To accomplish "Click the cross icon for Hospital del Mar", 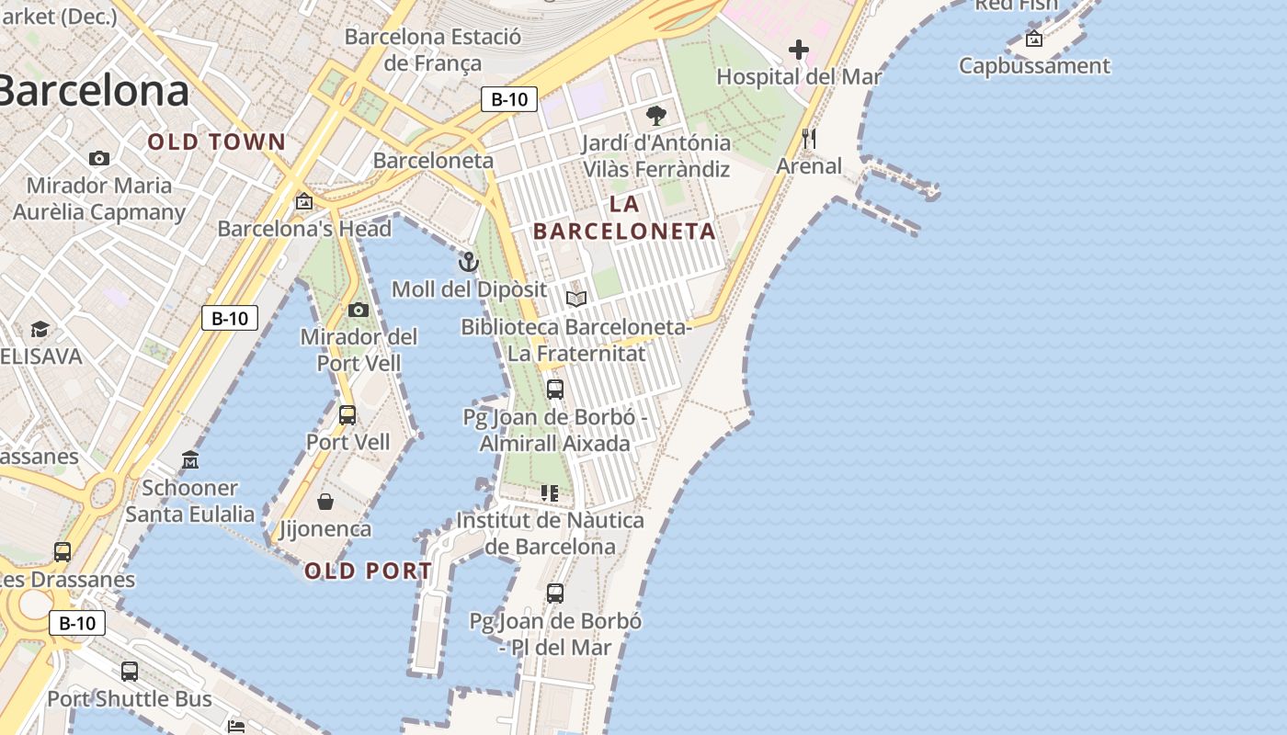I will pyautogui.click(x=799, y=50).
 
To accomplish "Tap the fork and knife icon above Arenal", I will pyautogui.click(x=809, y=139).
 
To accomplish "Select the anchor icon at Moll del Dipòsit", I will pyautogui.click(x=469, y=263).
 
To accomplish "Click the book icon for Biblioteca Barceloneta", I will pyautogui.click(x=576, y=300).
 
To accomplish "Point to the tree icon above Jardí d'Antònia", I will pyautogui.click(x=656, y=116).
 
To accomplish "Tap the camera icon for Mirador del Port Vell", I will pyautogui.click(x=359, y=311).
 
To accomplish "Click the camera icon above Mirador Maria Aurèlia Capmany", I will pyautogui.click(x=99, y=159).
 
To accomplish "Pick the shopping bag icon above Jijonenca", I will pyautogui.click(x=325, y=502).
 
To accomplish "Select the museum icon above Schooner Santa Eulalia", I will pyautogui.click(x=190, y=459).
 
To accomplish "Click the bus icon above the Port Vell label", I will pyautogui.click(x=347, y=415).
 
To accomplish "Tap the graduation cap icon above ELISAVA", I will pyautogui.click(x=40, y=329).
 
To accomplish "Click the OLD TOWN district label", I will pyautogui.click(x=217, y=141).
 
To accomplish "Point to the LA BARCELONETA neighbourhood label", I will pyautogui.click(x=624, y=218).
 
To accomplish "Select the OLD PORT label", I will pyautogui.click(x=368, y=571).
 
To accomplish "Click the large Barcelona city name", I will pyautogui.click(x=92, y=91).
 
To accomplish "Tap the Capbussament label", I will pyautogui.click(x=1034, y=66).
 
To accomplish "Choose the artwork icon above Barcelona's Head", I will pyautogui.click(x=304, y=201).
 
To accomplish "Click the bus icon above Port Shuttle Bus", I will pyautogui.click(x=130, y=672).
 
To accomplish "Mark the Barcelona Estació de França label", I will pyautogui.click(x=433, y=51).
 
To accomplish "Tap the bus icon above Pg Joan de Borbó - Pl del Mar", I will pyautogui.click(x=555, y=594).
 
